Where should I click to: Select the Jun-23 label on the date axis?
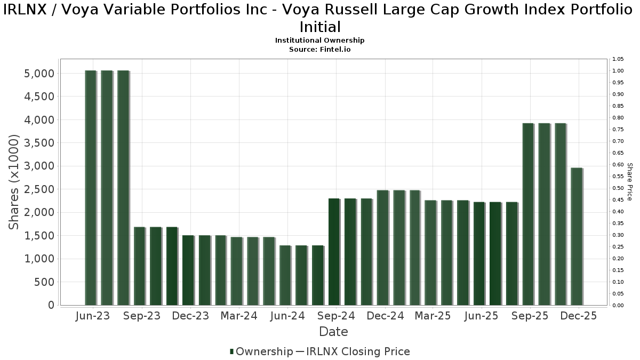point(93,316)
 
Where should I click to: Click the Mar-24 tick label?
point(238,316)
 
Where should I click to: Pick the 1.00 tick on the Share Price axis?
point(618,71)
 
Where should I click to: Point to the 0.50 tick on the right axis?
point(618,188)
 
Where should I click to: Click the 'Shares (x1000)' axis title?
point(14,182)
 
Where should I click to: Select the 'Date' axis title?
point(333,332)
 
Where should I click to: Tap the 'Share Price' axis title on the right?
point(629,182)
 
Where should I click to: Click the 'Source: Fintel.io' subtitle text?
point(320,49)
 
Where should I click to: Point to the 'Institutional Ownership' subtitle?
point(320,41)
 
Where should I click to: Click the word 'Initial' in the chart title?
point(320,27)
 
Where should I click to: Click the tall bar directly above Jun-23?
point(91,188)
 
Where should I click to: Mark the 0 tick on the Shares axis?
point(51,305)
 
